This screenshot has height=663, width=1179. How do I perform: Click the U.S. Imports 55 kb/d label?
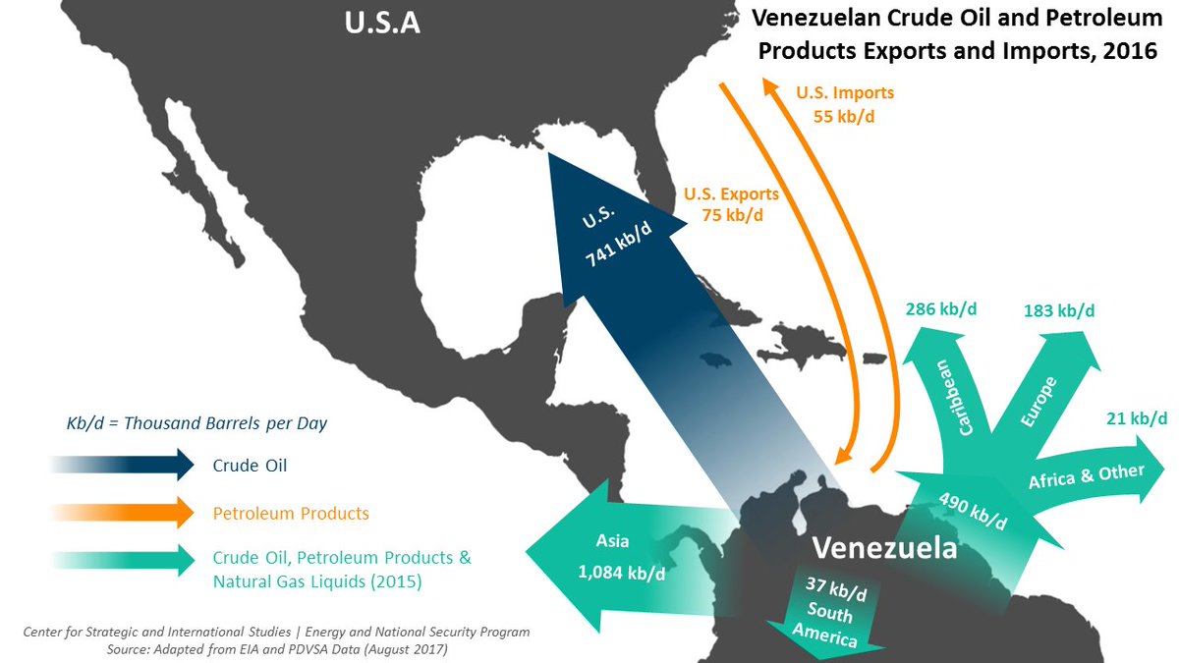point(844,104)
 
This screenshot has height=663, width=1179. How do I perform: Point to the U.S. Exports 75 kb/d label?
point(733,203)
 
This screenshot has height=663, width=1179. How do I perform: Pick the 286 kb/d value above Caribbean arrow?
point(940,309)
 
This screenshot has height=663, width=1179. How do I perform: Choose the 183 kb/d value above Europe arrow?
point(1058,310)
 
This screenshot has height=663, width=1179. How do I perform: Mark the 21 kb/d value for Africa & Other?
point(1135,419)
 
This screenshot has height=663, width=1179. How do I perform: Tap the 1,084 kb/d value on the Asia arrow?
point(623,573)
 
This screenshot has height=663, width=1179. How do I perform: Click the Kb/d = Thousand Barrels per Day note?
point(197,423)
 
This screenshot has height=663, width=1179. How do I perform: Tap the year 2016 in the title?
point(1128,50)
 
